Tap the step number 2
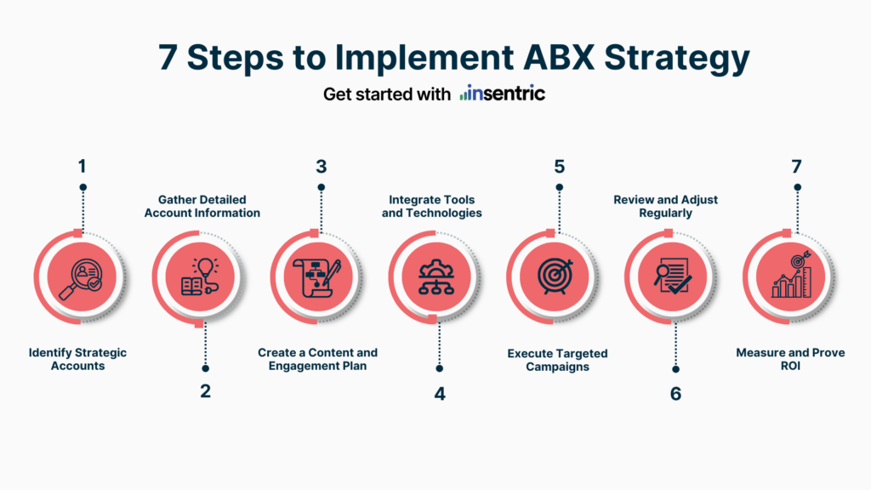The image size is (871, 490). click(206, 391)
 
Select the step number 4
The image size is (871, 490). click(439, 393)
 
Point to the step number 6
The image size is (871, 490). click(675, 393)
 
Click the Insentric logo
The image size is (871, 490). click(503, 94)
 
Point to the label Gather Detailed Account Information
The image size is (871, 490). click(202, 206)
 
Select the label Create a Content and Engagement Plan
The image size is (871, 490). click(317, 359)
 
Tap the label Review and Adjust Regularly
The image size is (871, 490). click(665, 206)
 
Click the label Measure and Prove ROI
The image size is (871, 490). click(790, 359)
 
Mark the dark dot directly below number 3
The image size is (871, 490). click(321, 188)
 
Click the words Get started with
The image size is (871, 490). click(387, 94)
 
